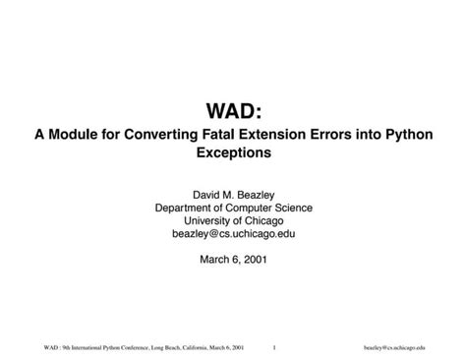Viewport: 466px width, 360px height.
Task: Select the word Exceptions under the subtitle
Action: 233,153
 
